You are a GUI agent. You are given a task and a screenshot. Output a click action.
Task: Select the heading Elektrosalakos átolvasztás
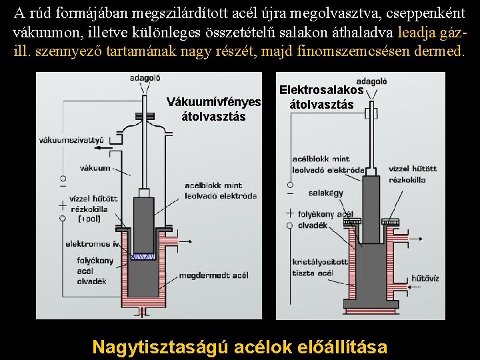tap(321, 97)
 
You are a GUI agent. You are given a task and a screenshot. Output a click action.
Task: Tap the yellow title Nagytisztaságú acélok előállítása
tap(239, 347)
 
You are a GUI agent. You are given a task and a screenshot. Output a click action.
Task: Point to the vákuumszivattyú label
tap(72, 140)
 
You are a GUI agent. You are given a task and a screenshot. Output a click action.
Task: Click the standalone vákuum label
tap(95, 168)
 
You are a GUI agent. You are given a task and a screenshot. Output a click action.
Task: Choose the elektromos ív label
tap(93, 244)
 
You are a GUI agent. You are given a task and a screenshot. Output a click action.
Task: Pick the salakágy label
tap(325, 193)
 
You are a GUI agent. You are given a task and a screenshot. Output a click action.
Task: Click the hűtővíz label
tap(425, 278)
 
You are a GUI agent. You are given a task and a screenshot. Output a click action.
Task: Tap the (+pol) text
tap(89, 218)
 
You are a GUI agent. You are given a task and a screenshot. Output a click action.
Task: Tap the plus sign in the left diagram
tap(63, 205)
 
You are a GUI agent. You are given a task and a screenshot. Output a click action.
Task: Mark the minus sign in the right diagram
tap(289, 194)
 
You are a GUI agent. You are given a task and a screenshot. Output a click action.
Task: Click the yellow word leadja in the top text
tap(419, 32)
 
